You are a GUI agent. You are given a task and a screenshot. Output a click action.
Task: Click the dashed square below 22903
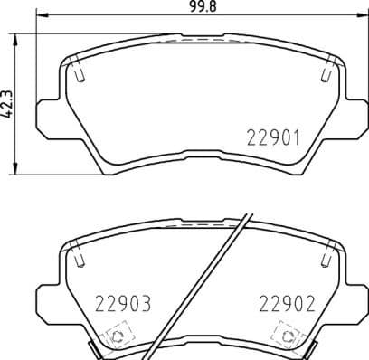[x=115, y=338]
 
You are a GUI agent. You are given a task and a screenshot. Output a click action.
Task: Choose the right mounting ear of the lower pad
[x=355, y=298]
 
